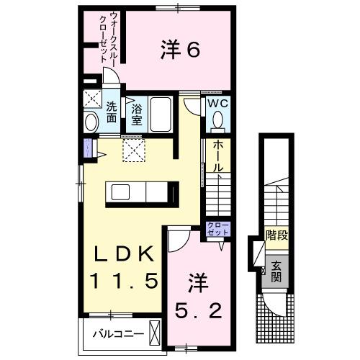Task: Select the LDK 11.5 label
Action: point(122,268)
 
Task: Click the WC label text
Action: point(217,103)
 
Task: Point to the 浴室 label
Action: point(137,114)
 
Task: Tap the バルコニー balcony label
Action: point(114,334)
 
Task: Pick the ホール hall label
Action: point(217,155)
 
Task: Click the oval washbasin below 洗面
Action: point(91,122)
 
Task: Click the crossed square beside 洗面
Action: point(91,99)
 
